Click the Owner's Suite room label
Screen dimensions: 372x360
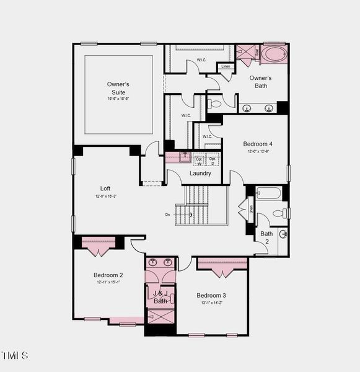[x=118, y=88]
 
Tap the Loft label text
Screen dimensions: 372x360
[x=106, y=188]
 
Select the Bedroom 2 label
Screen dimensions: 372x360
[x=108, y=275]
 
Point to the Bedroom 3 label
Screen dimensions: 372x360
[x=211, y=295]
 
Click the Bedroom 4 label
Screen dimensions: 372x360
[x=257, y=144]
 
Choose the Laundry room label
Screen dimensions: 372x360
[x=200, y=174]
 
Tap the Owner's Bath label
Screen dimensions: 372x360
[x=261, y=82]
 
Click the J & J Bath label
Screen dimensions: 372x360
[x=160, y=297]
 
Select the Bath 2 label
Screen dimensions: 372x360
[x=266, y=237]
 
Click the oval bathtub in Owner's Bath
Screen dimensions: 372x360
[x=273, y=54]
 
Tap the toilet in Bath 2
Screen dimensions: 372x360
[x=279, y=213]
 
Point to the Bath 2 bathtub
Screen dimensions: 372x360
[x=268, y=193]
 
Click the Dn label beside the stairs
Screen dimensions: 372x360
[x=167, y=215]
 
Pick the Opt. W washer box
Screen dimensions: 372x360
[x=199, y=160]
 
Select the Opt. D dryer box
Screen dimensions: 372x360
[x=213, y=160]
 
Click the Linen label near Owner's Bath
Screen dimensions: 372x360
[x=226, y=66]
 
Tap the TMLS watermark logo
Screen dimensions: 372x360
[x=14, y=356]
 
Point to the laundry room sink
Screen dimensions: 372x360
[x=185, y=157]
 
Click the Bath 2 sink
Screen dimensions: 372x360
[x=283, y=234]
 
